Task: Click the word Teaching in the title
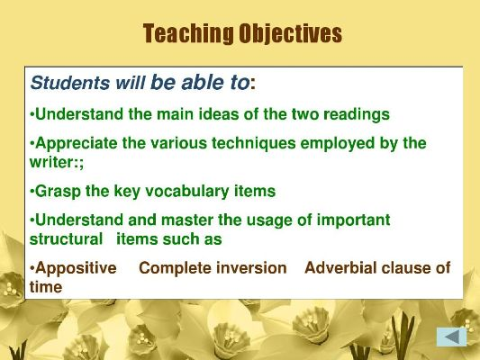coord(188,33)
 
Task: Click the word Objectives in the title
coord(290,33)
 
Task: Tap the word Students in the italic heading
coord(70,83)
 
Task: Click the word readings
coord(357,115)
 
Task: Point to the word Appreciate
coord(77,144)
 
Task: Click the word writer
coord(51,162)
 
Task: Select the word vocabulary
coord(187,192)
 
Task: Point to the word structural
coord(66,239)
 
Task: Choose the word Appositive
coord(76,268)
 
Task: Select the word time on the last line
coord(46,287)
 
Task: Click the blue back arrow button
coord(452,337)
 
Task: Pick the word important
coord(353,220)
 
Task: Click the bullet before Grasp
coord(32,192)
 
